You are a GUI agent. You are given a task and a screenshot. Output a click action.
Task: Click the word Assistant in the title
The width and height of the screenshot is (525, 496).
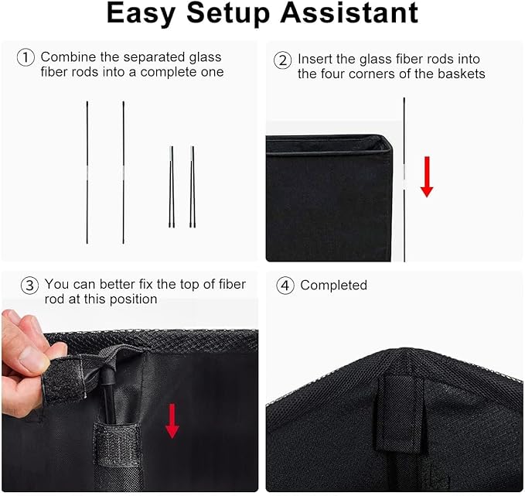349,12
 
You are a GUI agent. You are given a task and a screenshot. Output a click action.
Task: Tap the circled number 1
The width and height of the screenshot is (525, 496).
26,57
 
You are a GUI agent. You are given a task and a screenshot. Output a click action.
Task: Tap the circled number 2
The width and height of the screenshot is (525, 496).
282,60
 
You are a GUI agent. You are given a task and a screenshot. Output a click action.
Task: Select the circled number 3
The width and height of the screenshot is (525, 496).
29,286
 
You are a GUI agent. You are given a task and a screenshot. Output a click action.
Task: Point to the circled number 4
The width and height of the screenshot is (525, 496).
285,286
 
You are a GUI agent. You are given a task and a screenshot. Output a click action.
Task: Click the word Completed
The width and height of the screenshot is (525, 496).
333,286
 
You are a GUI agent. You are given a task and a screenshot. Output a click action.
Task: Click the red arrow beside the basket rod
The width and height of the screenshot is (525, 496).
427,176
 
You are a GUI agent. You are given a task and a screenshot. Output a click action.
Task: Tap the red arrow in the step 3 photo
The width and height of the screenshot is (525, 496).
172,421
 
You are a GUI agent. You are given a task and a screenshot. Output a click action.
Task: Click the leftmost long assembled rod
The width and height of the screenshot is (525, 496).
87,173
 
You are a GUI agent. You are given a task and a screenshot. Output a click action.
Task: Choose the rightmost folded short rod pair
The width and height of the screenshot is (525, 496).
193,186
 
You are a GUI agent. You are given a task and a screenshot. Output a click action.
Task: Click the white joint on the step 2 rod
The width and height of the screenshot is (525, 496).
404,183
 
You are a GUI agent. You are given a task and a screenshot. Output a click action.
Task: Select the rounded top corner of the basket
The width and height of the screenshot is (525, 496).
385,140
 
